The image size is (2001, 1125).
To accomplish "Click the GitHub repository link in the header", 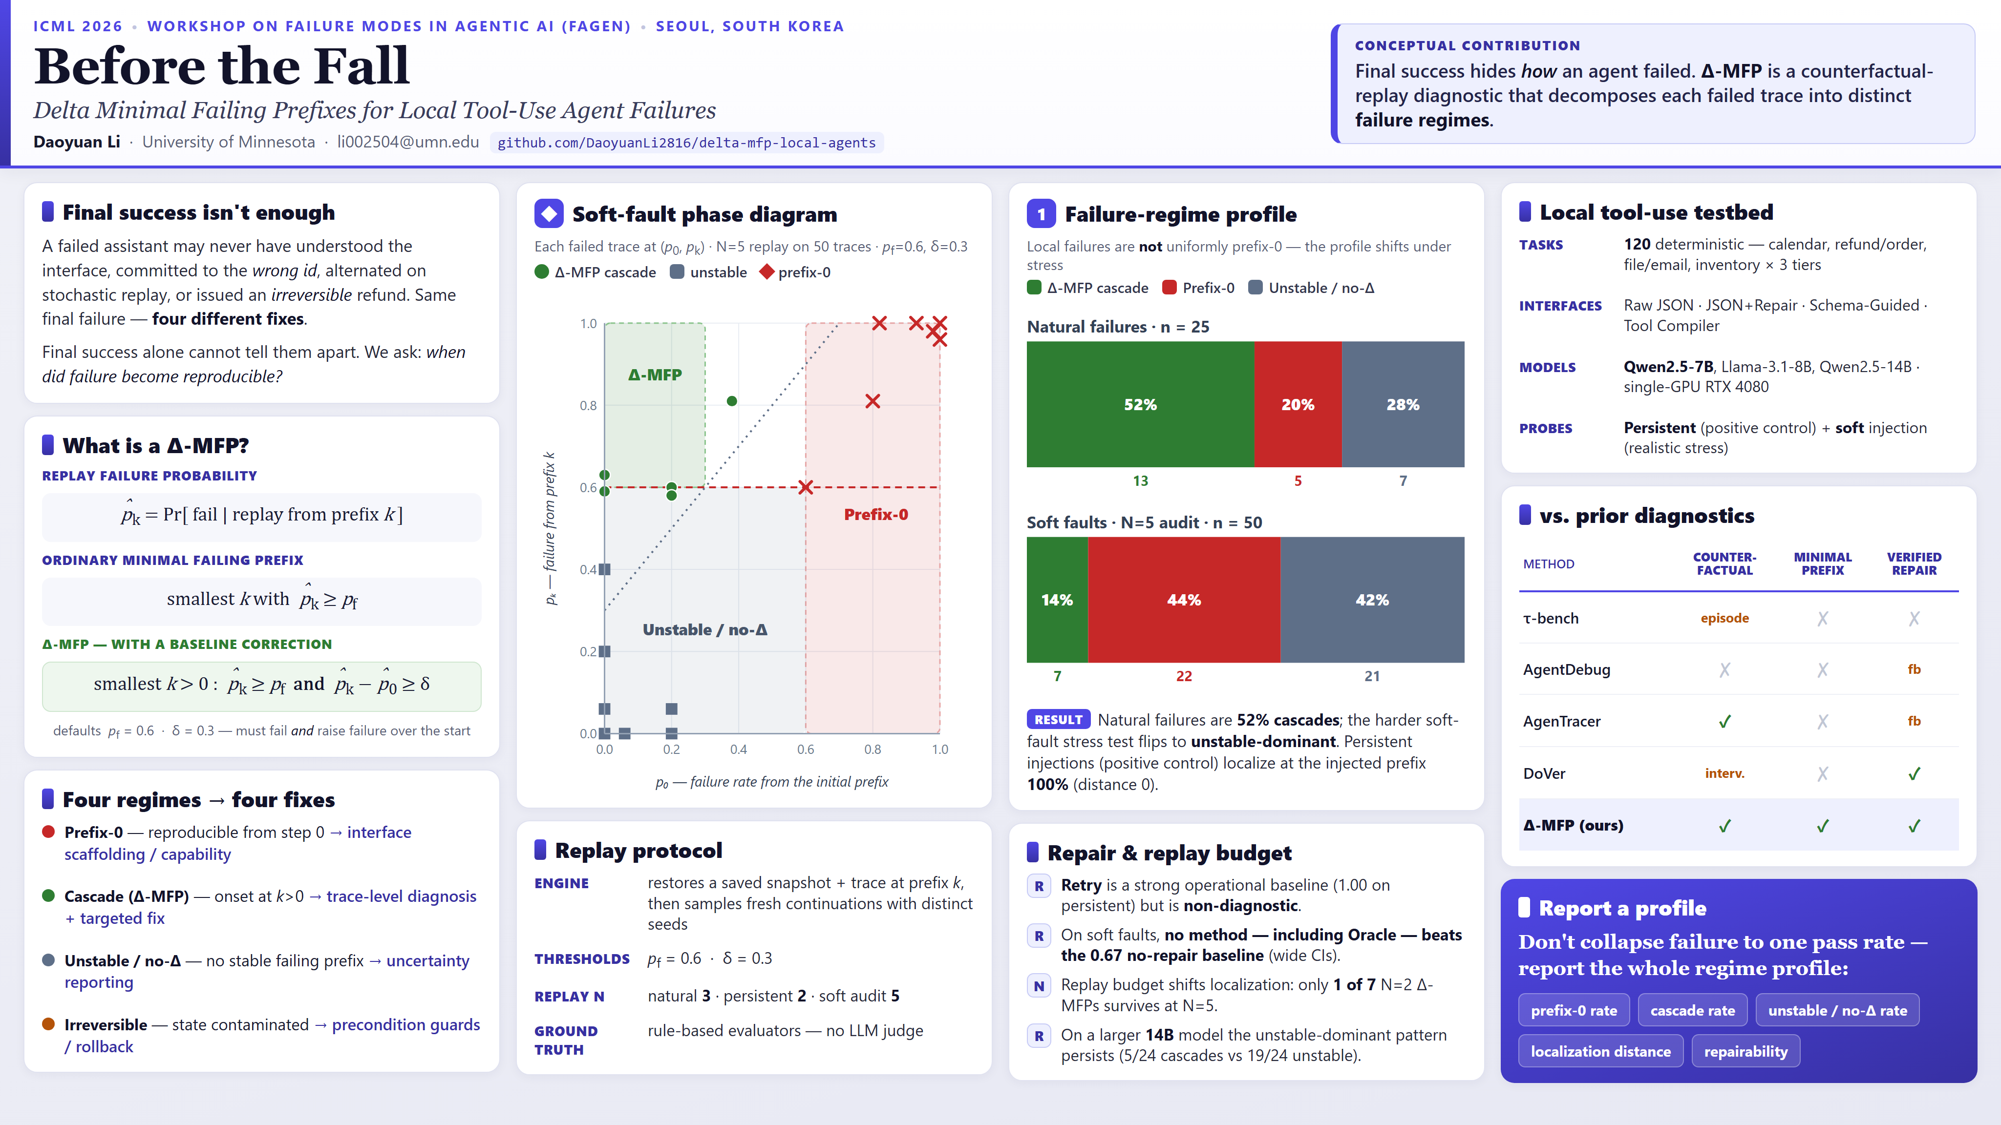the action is pyautogui.click(x=687, y=143).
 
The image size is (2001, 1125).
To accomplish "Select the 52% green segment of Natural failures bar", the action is pyautogui.click(x=1140, y=404).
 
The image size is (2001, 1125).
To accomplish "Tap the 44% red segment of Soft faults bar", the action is pyautogui.click(x=1184, y=600).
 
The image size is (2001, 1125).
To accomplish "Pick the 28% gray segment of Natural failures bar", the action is pyautogui.click(x=1403, y=404).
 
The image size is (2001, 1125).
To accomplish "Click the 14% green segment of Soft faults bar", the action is pyautogui.click(x=1057, y=600).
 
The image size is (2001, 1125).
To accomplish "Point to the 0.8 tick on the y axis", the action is pyautogui.click(x=588, y=405).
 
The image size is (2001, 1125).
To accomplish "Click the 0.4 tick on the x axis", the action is pyautogui.click(x=738, y=749).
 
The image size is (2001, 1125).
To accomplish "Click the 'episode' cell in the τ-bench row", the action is pyautogui.click(x=1724, y=618).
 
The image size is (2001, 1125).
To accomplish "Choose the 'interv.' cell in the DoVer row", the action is pyautogui.click(x=1724, y=773).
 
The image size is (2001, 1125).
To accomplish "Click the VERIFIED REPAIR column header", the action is pyautogui.click(x=1914, y=563).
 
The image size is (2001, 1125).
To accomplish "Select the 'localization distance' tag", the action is pyautogui.click(x=1600, y=1051).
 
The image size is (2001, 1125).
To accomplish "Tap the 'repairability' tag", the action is pyautogui.click(x=1746, y=1051).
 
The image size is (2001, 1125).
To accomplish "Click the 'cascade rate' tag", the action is pyautogui.click(x=1693, y=1010).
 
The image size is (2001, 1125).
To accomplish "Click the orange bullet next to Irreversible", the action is pyautogui.click(x=48, y=1024).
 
